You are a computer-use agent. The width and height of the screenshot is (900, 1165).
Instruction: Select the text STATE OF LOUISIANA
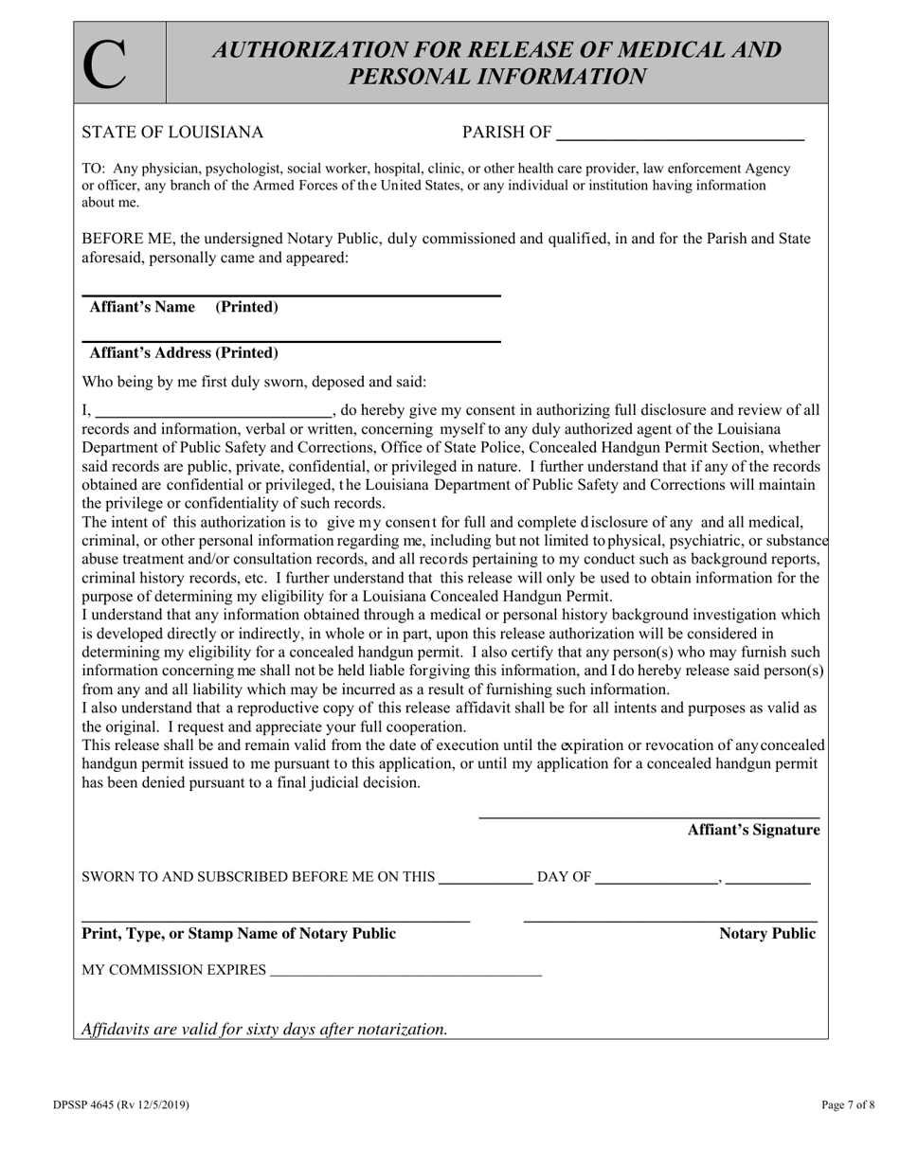(172, 133)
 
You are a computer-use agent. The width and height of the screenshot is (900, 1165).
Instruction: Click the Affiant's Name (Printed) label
(184, 307)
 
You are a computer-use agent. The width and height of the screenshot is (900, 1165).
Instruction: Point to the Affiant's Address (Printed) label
(184, 353)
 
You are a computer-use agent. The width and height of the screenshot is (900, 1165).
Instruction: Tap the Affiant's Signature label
(753, 831)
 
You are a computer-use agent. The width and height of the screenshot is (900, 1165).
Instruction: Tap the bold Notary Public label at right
(766, 934)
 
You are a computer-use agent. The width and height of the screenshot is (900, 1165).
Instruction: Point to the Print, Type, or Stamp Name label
(240, 934)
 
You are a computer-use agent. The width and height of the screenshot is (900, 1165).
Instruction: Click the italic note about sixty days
(264, 1029)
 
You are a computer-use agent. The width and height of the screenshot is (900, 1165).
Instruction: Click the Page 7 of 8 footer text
(848, 1105)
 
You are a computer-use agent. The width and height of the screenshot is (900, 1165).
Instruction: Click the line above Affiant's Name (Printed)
(291, 296)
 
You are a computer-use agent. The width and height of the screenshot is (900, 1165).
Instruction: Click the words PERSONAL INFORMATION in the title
(498, 77)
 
